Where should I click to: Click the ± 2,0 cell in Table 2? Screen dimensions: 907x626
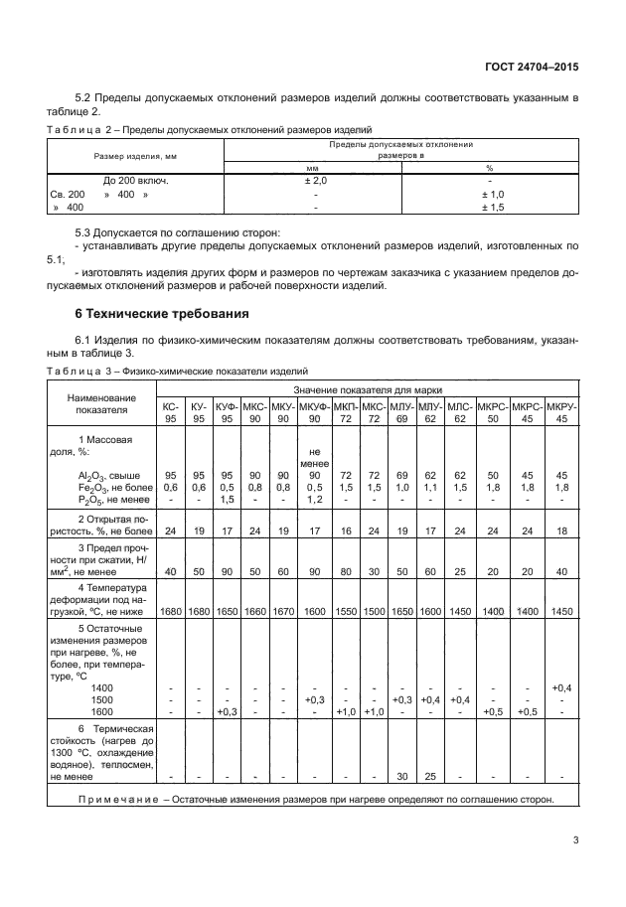[x=315, y=181]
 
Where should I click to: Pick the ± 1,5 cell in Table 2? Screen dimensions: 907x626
[x=493, y=208]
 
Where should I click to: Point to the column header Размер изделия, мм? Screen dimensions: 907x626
[x=135, y=156]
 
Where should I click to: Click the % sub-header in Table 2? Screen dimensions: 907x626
[x=489, y=168]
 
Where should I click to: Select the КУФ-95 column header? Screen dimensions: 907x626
[x=227, y=411]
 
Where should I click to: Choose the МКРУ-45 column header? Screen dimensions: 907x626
[x=561, y=411]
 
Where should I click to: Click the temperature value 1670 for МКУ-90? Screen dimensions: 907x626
[x=283, y=612]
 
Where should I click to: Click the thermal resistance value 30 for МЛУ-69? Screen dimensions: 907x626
[x=401, y=776]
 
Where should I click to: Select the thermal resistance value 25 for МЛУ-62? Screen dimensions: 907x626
[x=430, y=776]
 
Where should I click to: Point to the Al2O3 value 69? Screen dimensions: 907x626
[x=401, y=475]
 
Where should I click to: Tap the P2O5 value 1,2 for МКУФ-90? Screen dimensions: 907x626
[x=315, y=499]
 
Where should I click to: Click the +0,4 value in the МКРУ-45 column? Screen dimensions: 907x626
[x=561, y=687]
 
